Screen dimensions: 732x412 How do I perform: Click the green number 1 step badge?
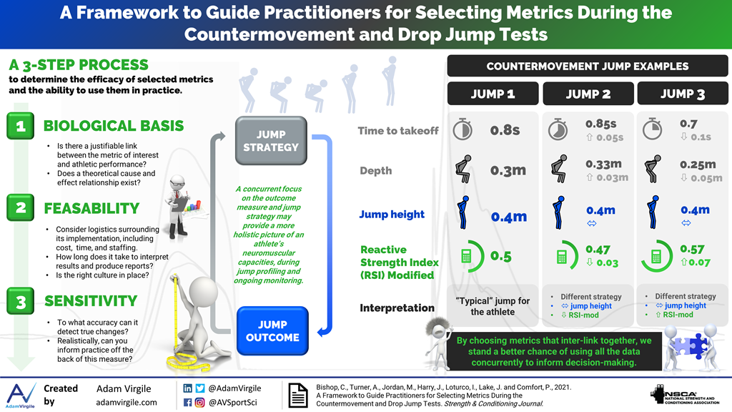(x=21, y=126)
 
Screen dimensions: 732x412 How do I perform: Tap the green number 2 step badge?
(x=21, y=207)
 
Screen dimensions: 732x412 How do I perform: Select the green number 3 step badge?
(x=21, y=301)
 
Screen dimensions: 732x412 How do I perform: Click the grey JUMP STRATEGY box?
(x=271, y=141)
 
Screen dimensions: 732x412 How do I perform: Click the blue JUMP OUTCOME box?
(x=272, y=330)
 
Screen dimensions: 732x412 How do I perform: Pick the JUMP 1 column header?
(x=493, y=94)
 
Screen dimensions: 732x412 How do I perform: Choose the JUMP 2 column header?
(x=588, y=94)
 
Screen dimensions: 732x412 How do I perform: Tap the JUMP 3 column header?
(x=683, y=94)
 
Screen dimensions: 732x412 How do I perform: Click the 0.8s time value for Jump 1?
(x=505, y=130)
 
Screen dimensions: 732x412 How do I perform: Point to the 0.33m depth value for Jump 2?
(x=603, y=164)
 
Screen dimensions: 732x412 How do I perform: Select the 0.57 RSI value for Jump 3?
(x=692, y=249)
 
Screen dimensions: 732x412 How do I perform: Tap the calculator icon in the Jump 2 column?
(x=562, y=257)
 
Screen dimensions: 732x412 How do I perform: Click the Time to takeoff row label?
(x=398, y=131)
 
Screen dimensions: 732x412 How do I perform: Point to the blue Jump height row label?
(x=392, y=215)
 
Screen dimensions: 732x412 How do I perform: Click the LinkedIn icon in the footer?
(x=188, y=388)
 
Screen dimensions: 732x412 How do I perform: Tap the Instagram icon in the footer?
(x=200, y=402)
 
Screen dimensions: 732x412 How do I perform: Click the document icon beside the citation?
(x=298, y=395)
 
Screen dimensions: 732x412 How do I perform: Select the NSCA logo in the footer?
(x=685, y=395)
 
